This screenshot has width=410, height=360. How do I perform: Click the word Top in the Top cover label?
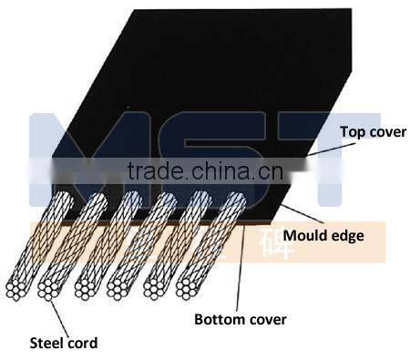[352, 131]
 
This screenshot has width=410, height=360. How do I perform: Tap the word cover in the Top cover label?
[383, 131]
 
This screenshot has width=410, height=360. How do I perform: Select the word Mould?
[304, 236]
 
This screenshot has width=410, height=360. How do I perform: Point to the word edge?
[345, 236]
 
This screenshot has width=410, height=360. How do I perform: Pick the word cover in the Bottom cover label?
[265, 319]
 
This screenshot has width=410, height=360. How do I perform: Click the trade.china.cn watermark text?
[204, 171]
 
